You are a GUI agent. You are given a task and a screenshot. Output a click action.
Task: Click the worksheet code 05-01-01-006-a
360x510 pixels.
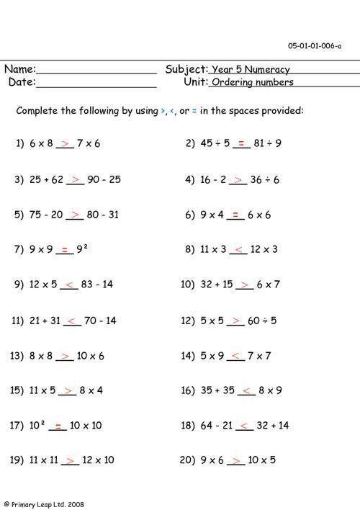[x=315, y=45]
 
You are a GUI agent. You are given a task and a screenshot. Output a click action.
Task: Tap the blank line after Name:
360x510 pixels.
[x=96, y=73]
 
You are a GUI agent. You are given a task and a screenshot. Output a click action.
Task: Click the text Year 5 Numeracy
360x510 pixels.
[x=250, y=70]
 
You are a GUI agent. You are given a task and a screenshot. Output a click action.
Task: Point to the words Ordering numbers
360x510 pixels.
[x=253, y=83]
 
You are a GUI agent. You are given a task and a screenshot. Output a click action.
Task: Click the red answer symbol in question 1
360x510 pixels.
[x=66, y=143]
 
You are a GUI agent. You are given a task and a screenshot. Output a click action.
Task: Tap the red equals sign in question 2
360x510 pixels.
[x=242, y=143]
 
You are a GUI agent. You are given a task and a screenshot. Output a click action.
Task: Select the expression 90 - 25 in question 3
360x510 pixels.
[x=104, y=179]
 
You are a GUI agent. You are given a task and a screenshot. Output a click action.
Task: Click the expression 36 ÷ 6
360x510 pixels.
[x=266, y=179]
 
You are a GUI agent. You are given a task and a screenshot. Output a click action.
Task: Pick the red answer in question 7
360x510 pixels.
[x=64, y=249]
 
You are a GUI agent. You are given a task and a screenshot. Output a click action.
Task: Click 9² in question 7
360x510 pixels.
[x=85, y=249]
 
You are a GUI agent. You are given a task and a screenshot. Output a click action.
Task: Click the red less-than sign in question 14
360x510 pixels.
[x=239, y=355]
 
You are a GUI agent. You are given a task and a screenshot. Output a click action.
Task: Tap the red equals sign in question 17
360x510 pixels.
[x=58, y=425]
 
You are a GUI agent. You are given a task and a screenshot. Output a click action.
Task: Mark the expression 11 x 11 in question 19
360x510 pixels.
[x=42, y=460]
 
